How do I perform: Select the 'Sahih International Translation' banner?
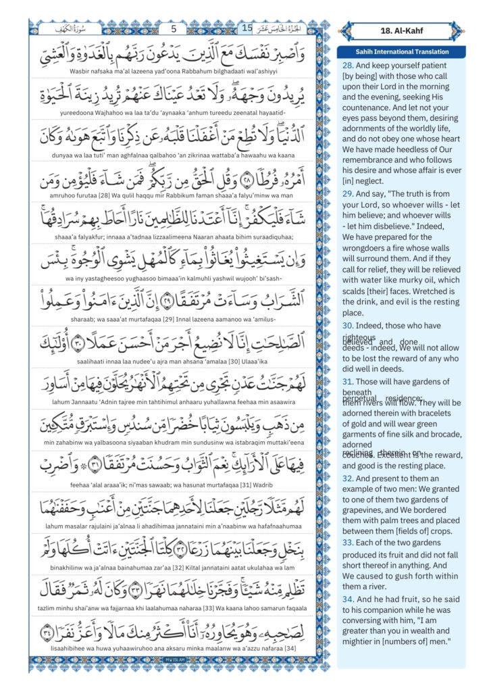point(402,52)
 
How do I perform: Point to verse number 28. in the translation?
point(349,65)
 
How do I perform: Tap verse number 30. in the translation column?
point(349,324)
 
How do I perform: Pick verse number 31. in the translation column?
point(349,381)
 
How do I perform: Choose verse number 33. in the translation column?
point(349,542)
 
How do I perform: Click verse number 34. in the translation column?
point(349,599)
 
